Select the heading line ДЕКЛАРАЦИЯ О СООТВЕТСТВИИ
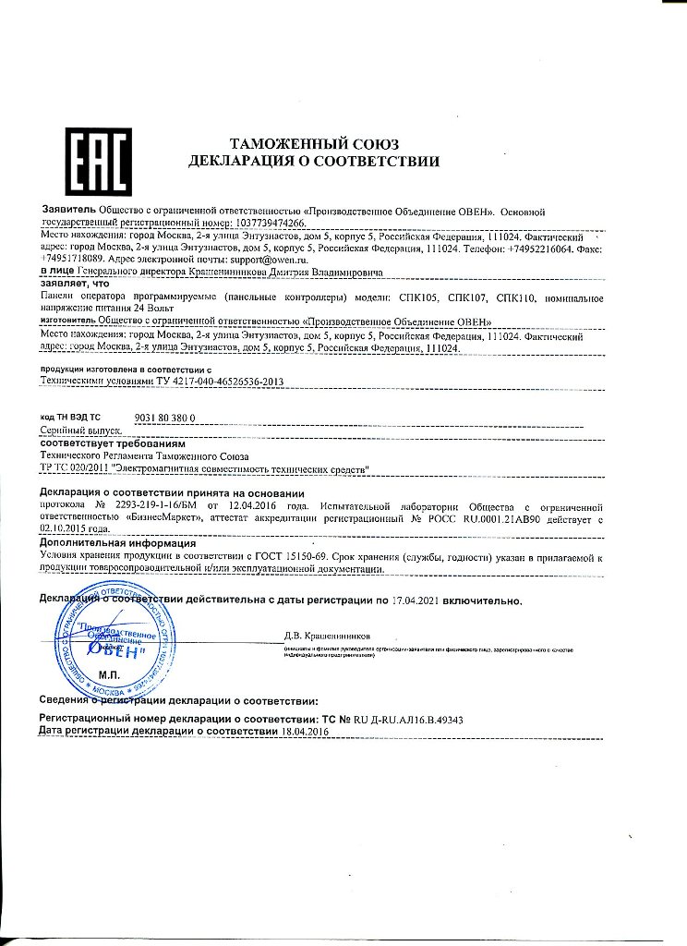click(x=313, y=162)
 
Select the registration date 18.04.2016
click(x=306, y=731)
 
